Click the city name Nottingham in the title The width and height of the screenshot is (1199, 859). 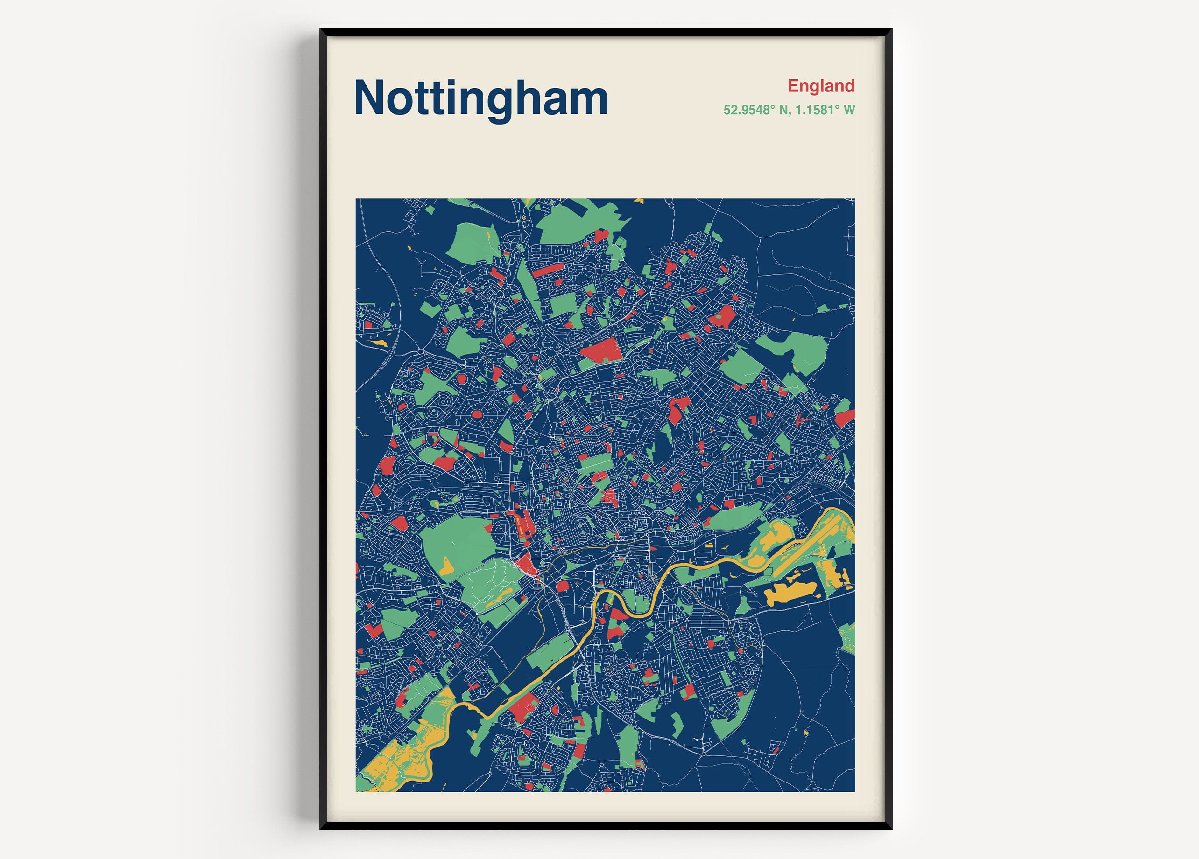pyautogui.click(x=480, y=98)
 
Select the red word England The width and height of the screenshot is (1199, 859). pyautogui.click(x=820, y=85)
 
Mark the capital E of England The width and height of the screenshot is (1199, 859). pyautogui.click(x=793, y=85)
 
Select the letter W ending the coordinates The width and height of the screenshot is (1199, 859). pyautogui.click(x=849, y=110)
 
